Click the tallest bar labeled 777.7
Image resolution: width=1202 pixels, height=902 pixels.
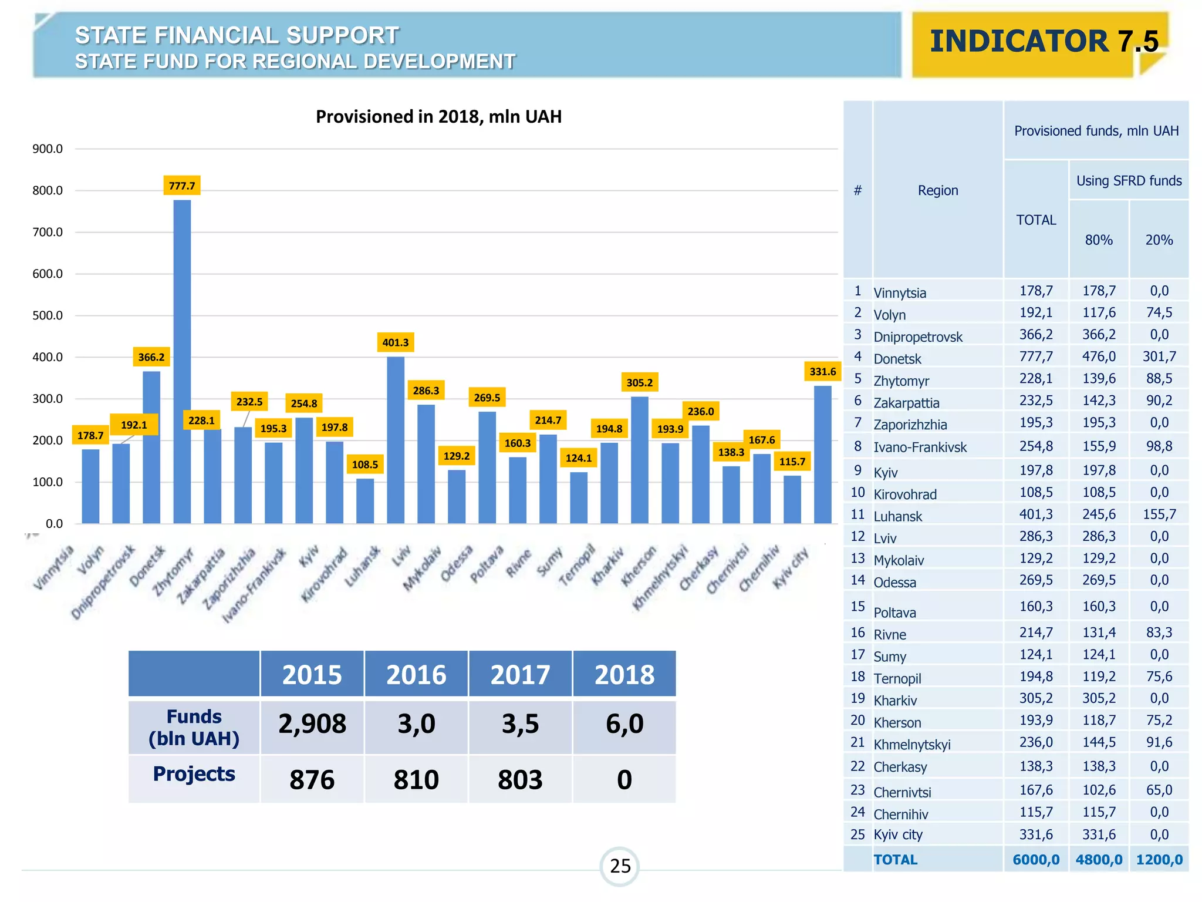(182, 361)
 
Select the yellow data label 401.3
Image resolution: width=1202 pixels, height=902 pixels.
(396, 342)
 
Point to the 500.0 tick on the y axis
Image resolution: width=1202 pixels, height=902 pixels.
(48, 315)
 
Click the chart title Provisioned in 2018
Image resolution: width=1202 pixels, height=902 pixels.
(438, 116)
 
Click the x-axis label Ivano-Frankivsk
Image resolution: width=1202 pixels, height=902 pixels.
(254, 585)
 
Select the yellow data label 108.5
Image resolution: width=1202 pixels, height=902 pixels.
(365, 465)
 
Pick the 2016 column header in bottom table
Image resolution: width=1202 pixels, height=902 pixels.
(416, 674)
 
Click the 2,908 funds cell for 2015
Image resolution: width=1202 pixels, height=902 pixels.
(312, 723)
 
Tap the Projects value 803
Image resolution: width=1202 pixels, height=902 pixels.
(520, 780)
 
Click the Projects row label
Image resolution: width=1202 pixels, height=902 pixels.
(194, 774)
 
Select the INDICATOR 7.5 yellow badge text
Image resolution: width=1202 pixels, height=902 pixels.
(1044, 41)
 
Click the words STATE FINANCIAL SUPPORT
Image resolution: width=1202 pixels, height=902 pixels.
(237, 35)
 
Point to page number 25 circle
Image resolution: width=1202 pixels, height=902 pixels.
(620, 866)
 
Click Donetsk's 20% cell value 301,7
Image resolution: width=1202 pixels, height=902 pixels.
(1159, 356)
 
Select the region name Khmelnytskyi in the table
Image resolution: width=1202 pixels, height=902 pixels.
(911, 745)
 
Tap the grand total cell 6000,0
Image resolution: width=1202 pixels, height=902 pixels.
(1036, 860)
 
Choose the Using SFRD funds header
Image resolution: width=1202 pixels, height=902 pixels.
(1129, 181)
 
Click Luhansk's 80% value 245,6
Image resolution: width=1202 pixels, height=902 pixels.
(1099, 514)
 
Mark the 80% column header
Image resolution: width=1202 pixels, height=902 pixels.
(1099, 240)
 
